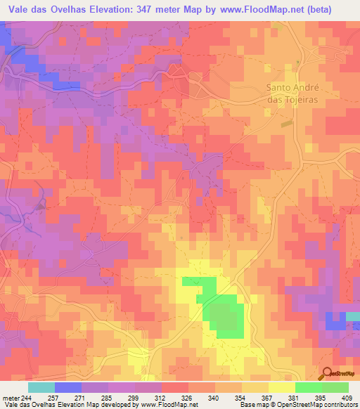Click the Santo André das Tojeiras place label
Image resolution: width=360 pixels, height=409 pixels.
click(292, 93)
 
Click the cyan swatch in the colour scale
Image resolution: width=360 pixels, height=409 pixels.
click(41, 387)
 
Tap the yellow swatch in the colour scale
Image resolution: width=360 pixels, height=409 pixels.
click(281, 387)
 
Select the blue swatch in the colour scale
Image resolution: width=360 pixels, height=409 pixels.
click(68, 387)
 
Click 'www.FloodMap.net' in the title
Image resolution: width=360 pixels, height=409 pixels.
click(257, 8)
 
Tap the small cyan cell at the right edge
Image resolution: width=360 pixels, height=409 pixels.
click(353, 317)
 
